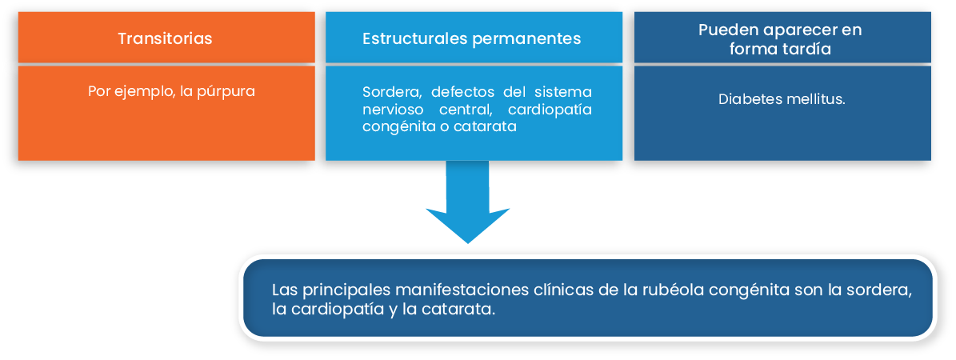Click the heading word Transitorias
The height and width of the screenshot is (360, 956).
[x=166, y=38]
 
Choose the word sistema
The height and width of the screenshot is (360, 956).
[x=563, y=92]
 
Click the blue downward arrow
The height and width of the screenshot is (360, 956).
[x=467, y=202]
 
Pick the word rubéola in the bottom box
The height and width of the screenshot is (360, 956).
[x=665, y=290]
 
